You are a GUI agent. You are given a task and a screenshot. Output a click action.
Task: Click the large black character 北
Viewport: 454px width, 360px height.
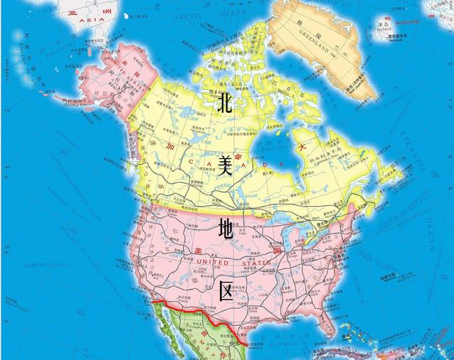coord(225,104)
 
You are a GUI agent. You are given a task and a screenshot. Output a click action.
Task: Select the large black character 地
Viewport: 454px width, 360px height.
coord(226,229)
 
